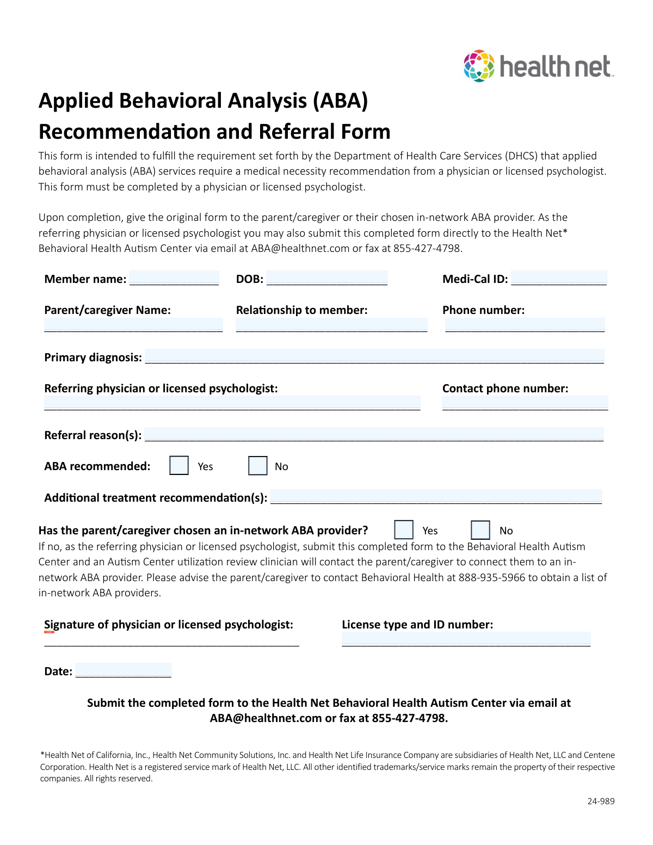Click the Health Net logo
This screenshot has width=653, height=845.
(538, 66)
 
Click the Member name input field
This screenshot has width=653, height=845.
(174, 278)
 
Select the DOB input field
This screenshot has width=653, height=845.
(326, 278)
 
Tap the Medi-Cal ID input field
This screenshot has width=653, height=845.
(558, 278)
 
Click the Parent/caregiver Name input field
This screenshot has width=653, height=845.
(133, 325)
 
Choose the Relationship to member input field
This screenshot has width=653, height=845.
(331, 325)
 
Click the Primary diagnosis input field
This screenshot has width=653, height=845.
(374, 356)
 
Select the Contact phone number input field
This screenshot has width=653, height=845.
(525, 403)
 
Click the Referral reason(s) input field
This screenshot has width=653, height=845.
(374, 434)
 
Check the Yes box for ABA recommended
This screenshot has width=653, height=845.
(179, 466)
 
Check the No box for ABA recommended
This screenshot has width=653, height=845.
(257, 466)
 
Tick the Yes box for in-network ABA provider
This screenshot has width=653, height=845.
(403, 530)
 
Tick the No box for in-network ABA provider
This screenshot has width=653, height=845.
(480, 530)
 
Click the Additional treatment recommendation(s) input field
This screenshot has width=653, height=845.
(436, 497)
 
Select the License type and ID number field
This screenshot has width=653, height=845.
(466, 639)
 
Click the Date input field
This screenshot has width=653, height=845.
(124, 670)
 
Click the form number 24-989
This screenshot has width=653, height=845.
(601, 801)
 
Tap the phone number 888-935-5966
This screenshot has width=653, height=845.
(492, 577)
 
